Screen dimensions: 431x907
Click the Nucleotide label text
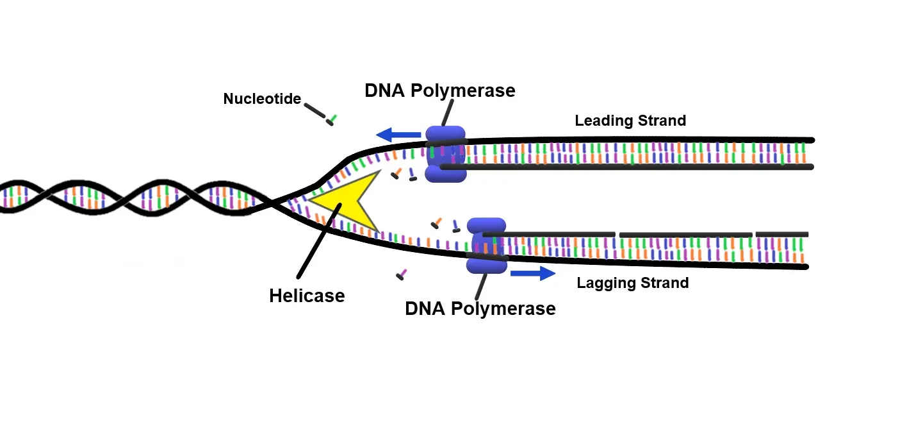(x=262, y=99)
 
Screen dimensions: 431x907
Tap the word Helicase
(x=307, y=296)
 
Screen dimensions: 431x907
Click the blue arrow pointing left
(x=398, y=135)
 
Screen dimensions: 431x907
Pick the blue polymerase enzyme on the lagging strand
(x=487, y=245)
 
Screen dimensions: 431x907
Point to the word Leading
(x=603, y=121)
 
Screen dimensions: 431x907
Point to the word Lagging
(x=605, y=283)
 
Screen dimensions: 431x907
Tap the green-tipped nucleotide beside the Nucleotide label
(x=332, y=119)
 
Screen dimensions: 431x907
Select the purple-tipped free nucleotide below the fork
(x=402, y=275)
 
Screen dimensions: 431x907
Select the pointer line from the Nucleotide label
(x=314, y=110)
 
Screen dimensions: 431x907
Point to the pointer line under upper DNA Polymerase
(x=448, y=113)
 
